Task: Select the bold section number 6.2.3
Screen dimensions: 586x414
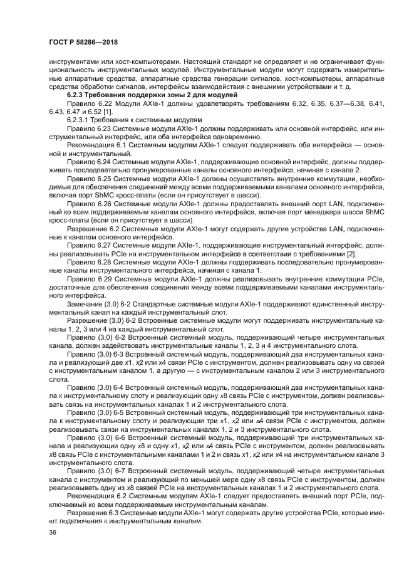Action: [78, 93]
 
